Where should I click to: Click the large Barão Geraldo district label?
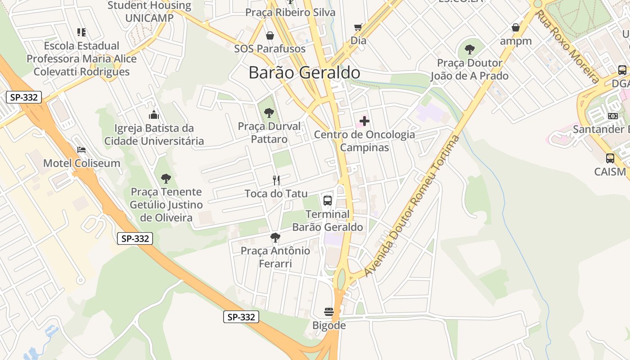tap(304, 73)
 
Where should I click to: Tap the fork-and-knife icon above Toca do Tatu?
tap(276, 180)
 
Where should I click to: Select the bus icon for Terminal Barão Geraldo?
tap(328, 201)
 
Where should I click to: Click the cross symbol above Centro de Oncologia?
tap(364, 121)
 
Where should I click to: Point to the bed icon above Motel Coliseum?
tap(81, 150)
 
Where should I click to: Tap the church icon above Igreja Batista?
tap(154, 115)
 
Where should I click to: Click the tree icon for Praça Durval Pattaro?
tap(269, 113)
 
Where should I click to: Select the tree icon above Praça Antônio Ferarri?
tap(275, 237)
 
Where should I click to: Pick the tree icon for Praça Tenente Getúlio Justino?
tap(166, 179)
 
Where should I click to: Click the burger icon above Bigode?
tap(329, 312)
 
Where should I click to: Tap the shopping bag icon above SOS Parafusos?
tap(270, 36)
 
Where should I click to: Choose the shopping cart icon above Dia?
tap(358, 27)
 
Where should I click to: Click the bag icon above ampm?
tap(516, 28)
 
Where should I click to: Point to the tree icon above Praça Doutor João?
tap(470, 49)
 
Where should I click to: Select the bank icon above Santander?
tap(613, 116)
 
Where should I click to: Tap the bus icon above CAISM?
tap(610, 158)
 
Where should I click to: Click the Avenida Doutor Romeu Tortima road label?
tap(412, 206)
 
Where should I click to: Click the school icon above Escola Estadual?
tap(81, 32)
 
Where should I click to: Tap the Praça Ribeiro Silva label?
tap(290, 12)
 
